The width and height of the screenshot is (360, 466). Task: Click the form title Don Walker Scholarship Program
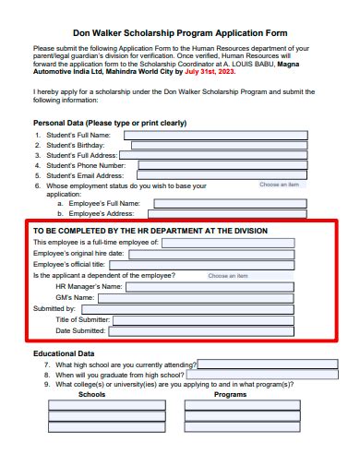pos(179,32)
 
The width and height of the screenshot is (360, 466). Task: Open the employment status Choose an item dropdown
pos(279,185)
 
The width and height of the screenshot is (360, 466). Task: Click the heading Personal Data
pos(110,123)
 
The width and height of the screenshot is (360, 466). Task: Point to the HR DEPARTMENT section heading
pos(150,231)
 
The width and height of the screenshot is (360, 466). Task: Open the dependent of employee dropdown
pos(228,276)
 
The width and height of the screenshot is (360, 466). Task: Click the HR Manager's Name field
pos(210,287)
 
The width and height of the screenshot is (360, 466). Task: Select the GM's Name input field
pos(197,298)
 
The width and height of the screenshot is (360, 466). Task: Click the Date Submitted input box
pos(200,330)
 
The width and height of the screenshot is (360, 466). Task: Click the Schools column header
pos(91,394)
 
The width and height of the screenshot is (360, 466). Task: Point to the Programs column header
pos(230,394)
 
